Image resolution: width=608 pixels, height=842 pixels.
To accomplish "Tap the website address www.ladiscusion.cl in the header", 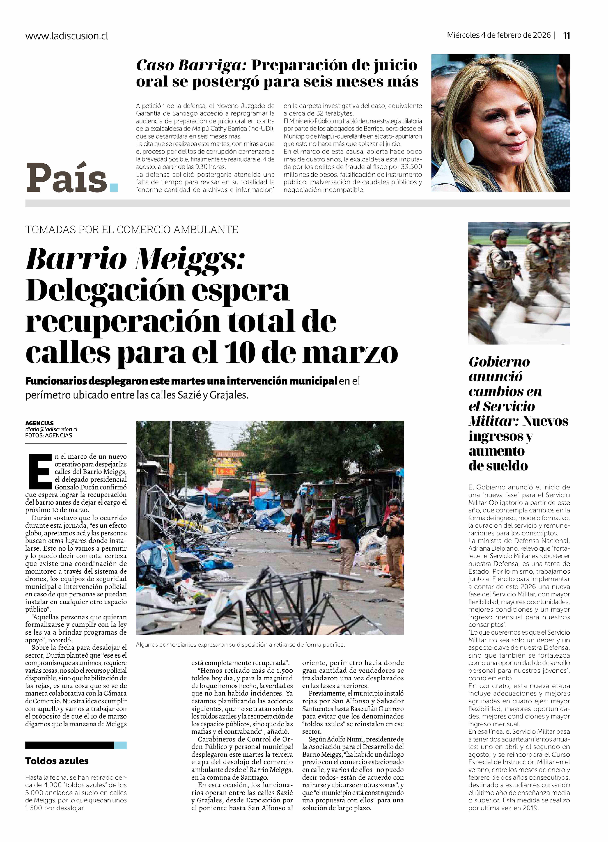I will tap(67, 36).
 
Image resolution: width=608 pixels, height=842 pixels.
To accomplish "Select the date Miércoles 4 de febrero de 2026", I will tap(498, 35).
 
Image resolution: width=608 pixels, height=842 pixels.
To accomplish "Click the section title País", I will tap(67, 178).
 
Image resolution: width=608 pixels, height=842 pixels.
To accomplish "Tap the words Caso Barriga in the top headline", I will tap(191, 65).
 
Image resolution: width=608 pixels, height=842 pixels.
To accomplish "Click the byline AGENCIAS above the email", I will tap(39, 423).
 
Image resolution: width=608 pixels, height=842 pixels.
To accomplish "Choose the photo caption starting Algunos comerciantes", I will tap(240, 645).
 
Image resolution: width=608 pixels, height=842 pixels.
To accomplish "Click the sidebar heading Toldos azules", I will tap(57, 761).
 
